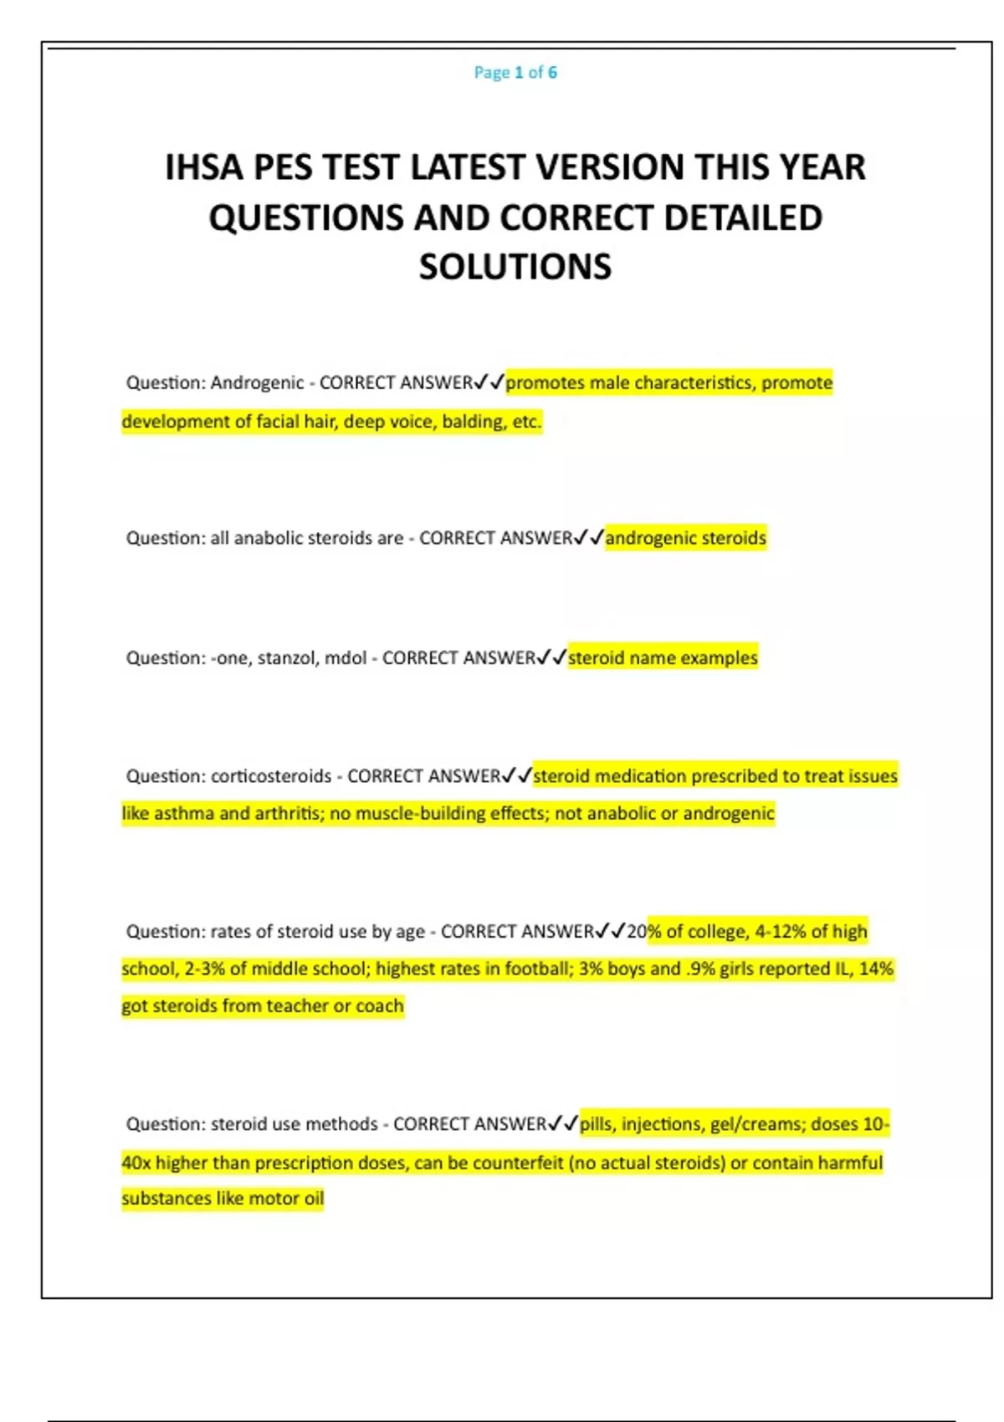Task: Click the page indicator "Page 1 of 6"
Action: [x=515, y=73]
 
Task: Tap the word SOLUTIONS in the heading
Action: [x=515, y=267]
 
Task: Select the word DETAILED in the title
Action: [x=743, y=217]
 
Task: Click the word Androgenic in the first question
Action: [x=257, y=383]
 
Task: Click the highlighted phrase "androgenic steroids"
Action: [x=685, y=538]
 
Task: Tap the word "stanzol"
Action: [x=286, y=658]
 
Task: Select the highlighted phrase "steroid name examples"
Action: [x=663, y=658]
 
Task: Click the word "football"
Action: [x=535, y=969]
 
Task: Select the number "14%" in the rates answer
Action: [x=876, y=969]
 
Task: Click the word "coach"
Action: [x=380, y=1005]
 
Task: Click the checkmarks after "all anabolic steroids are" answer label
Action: [x=589, y=538]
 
